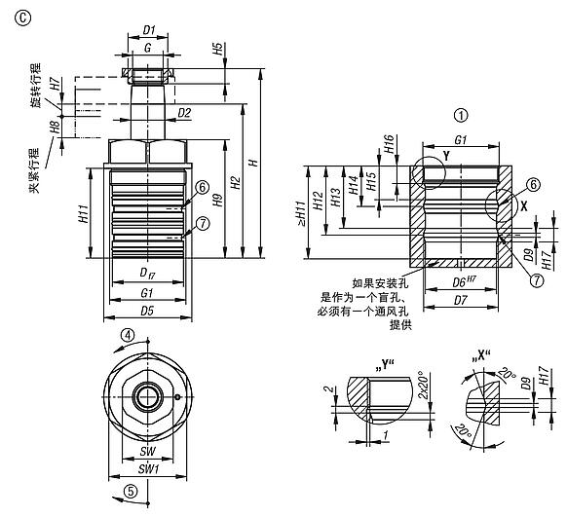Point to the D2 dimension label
click(184, 114)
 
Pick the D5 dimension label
click(148, 311)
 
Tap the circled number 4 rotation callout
click(127, 335)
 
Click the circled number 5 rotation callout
click(127, 491)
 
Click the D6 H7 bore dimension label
click(462, 282)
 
